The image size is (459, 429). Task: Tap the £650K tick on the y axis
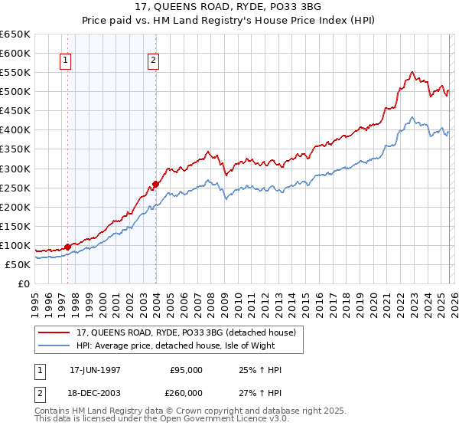15,34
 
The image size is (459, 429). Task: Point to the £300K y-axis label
15,169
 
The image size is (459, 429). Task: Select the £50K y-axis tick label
18,264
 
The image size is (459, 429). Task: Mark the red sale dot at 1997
67,247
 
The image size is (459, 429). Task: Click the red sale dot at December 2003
155,184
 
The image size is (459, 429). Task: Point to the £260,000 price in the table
186,391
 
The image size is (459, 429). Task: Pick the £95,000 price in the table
186,370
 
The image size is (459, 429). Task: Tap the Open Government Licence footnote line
149,421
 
